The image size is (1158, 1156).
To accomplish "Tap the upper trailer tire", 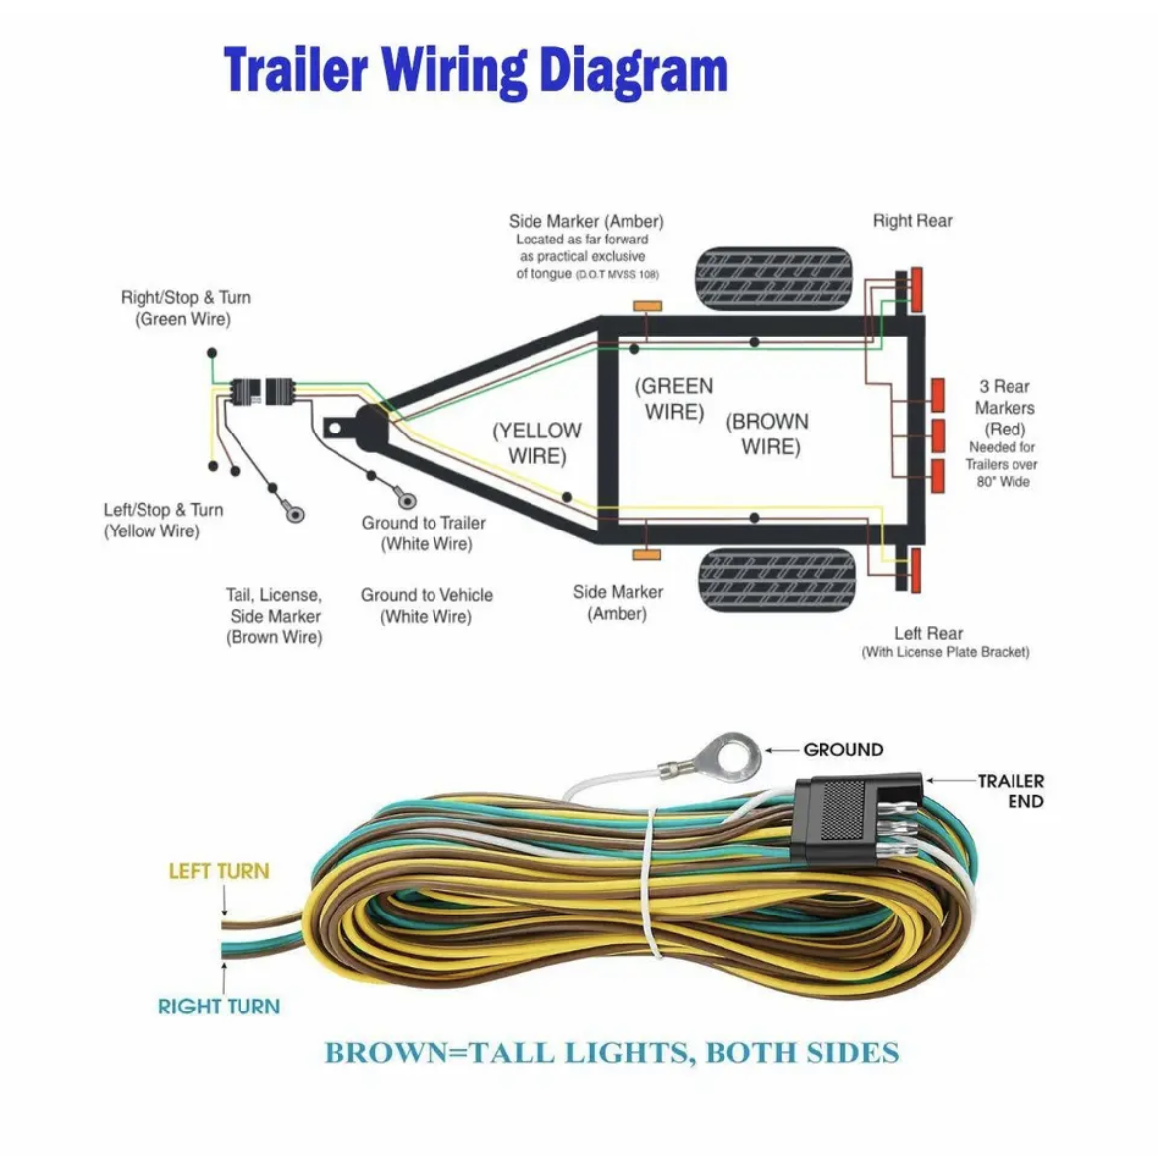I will pyautogui.click(x=774, y=278).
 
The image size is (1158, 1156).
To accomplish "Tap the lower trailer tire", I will pyautogui.click(x=777, y=581).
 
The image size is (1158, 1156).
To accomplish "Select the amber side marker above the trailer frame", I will pyautogui.click(x=647, y=306).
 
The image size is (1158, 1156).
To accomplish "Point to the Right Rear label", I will pyautogui.click(x=912, y=221).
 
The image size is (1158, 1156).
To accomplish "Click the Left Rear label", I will pyautogui.click(x=927, y=633).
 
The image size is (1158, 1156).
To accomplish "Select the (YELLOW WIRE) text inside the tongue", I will pyautogui.click(x=537, y=443).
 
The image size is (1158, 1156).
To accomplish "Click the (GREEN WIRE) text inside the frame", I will pyautogui.click(x=674, y=399).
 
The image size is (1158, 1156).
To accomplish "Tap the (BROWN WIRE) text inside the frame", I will pyautogui.click(x=769, y=434).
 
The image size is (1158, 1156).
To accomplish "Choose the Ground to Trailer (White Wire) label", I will pyautogui.click(x=425, y=532).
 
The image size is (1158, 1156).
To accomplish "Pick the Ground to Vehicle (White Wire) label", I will pyautogui.click(x=427, y=605).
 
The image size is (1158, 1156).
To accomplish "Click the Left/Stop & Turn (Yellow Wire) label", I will pyautogui.click(x=162, y=520).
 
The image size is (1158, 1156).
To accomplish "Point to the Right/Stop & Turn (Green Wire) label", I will pyautogui.click(x=185, y=308).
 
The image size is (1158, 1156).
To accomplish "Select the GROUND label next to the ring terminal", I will pyautogui.click(x=842, y=749).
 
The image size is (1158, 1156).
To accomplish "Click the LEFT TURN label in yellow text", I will pyautogui.click(x=219, y=871).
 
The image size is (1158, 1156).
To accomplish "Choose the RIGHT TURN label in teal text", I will pyautogui.click(x=219, y=1007).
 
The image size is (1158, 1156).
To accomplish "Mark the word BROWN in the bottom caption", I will pyautogui.click(x=386, y=1053).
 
